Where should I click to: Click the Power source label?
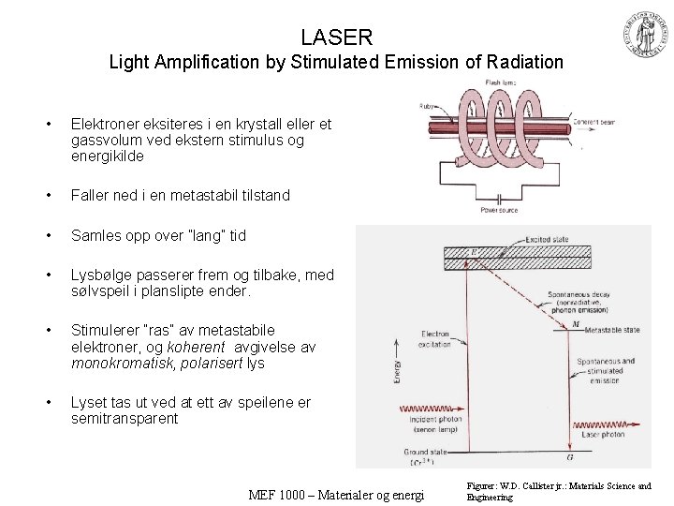tap(500, 210)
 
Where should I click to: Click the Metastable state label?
tap(611, 330)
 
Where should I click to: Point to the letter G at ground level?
tap(571, 457)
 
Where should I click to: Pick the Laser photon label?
tap(602, 435)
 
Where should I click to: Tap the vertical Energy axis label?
tap(398, 370)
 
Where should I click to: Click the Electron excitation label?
tap(435, 338)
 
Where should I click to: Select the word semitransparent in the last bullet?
tap(125, 419)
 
